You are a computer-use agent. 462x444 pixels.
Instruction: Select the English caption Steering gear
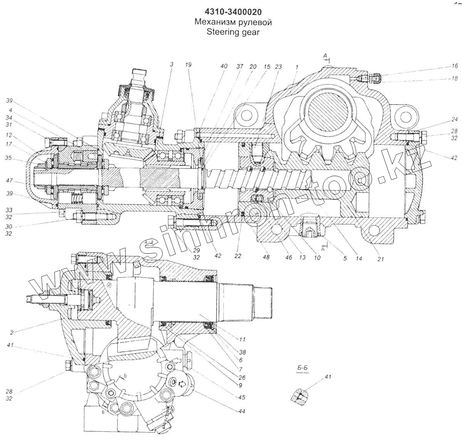click(233, 32)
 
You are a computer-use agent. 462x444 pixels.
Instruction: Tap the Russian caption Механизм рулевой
click(233, 22)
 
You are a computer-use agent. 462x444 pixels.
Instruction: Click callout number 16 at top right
click(454, 66)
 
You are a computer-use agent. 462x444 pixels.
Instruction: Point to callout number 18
click(454, 78)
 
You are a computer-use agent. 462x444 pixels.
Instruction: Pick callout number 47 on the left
click(9, 180)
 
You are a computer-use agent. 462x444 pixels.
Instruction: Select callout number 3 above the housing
click(171, 64)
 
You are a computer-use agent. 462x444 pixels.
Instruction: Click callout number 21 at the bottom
click(380, 259)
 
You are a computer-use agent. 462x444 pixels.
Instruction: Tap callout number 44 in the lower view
click(241, 411)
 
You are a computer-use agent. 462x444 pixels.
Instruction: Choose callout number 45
click(241, 397)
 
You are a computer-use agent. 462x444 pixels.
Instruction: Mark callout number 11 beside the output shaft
click(242, 339)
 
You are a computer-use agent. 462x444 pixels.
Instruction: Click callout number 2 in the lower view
click(12, 332)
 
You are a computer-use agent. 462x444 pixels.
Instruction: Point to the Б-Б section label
click(303, 368)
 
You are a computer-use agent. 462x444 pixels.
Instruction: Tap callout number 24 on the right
click(454, 119)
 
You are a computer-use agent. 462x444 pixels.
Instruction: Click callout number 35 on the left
click(8, 157)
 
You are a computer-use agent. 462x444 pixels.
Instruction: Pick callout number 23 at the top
click(278, 67)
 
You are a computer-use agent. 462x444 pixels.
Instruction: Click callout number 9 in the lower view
click(240, 385)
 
